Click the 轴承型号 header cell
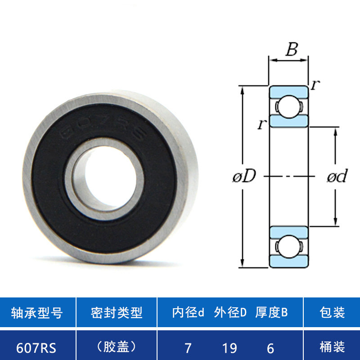pyautogui.click(x=37, y=312)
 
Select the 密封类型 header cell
pyautogui.click(x=117, y=312)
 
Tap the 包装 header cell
pyautogui.click(x=332, y=312)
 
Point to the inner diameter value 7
pyautogui.click(x=188, y=348)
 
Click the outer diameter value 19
pyautogui.click(x=229, y=348)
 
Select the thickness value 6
pyautogui.click(x=270, y=348)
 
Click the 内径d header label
pyautogui.click(x=188, y=312)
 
